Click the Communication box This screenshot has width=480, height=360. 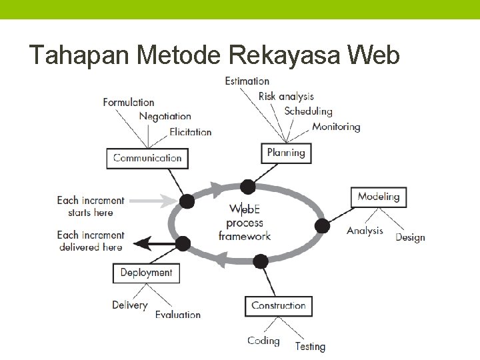[147, 158]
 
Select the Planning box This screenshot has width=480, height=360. [286, 153]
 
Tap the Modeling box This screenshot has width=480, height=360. [378, 197]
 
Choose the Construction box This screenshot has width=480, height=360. [278, 306]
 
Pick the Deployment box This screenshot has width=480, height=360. [146, 273]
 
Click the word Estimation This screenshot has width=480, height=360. [247, 81]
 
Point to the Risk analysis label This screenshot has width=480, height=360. [286, 97]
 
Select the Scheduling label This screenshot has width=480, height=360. [308, 111]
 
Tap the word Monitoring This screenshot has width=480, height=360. [336, 127]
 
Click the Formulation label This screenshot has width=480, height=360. [129, 102]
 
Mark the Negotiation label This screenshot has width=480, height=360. [165, 117]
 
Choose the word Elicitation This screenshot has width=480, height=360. [190, 132]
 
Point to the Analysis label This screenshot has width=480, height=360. [365, 231]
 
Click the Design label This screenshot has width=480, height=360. [410, 237]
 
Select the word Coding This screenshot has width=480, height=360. [263, 341]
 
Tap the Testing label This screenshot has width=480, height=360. [310, 346]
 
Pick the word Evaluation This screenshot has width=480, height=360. [177, 314]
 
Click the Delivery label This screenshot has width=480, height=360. [129, 305]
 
